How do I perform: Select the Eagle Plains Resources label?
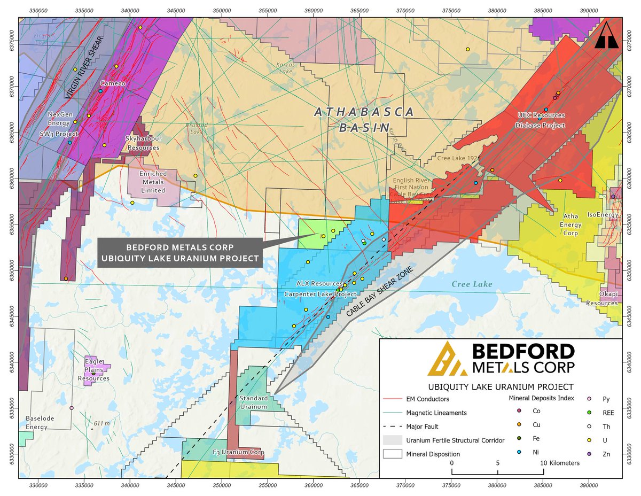click(93, 369)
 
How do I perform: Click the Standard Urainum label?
click(253, 402)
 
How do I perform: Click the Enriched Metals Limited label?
click(153, 182)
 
